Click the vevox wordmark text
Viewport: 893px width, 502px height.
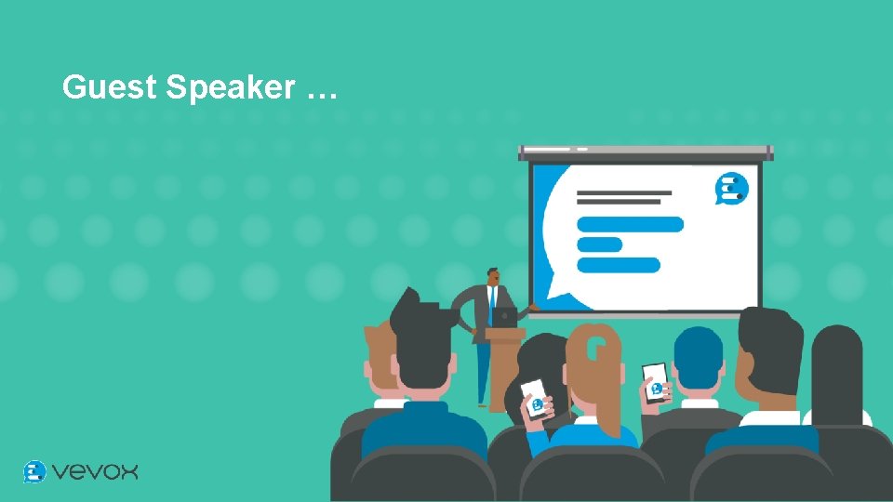[95, 472]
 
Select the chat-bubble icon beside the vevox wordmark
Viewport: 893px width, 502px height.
[34, 471]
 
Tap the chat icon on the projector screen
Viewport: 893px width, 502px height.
[731, 189]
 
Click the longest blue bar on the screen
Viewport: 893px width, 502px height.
[630, 224]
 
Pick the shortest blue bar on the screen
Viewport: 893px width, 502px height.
[600, 244]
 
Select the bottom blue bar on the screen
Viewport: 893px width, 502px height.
[619, 265]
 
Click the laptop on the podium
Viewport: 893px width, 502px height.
[504, 317]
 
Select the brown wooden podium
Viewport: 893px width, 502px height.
[504, 363]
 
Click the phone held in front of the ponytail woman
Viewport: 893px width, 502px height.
[535, 398]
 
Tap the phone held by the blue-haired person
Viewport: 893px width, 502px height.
[656, 381]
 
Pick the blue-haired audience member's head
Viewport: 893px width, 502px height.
[698, 358]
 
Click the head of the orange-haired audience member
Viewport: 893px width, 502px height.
[380, 358]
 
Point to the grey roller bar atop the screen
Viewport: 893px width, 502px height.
[646, 151]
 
